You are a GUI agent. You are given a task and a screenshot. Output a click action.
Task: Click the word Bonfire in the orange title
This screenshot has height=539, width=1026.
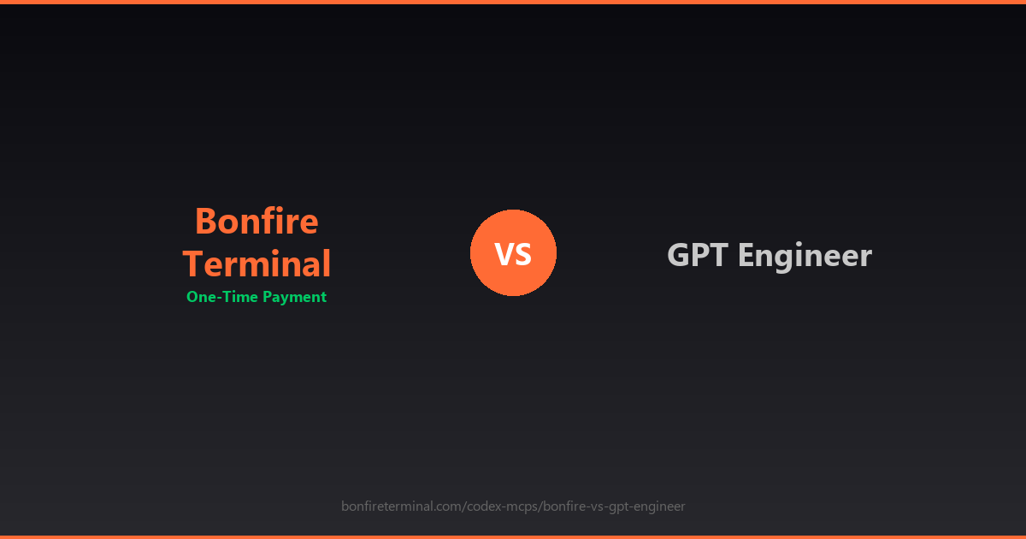256,221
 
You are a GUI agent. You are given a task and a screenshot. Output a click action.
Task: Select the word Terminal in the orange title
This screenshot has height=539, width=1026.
256,264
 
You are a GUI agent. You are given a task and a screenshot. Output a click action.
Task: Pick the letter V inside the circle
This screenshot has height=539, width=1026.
504,254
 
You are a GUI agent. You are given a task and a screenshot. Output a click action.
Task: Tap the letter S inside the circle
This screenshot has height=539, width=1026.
523,254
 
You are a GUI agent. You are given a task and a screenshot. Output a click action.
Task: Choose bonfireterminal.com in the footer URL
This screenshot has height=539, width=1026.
402,506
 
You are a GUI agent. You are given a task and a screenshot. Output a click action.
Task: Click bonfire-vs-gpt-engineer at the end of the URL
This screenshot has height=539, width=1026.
614,506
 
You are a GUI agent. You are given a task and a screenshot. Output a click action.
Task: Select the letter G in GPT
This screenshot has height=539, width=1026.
678,255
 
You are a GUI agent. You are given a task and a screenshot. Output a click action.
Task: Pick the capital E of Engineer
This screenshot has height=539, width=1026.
746,255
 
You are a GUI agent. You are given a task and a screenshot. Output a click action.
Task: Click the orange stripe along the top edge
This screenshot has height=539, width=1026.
513,2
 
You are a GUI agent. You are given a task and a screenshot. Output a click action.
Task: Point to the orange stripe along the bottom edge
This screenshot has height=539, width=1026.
513,536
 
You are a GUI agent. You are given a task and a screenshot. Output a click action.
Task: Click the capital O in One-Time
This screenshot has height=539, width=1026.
192,297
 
